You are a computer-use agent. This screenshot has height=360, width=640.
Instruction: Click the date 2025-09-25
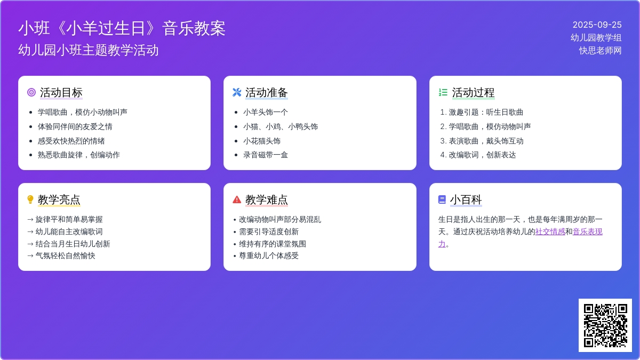pyautogui.click(x=597, y=25)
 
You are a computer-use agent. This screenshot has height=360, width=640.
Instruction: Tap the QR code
pyautogui.click(x=605, y=325)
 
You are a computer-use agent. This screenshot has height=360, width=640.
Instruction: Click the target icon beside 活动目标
pyautogui.click(x=31, y=92)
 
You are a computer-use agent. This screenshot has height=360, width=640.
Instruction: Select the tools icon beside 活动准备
pyautogui.click(x=237, y=92)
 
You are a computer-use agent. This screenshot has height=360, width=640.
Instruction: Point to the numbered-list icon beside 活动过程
pyautogui.click(x=443, y=92)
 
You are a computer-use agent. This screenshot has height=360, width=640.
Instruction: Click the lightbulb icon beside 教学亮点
pyautogui.click(x=30, y=199)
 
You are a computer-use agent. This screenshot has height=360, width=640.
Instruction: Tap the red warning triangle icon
pyautogui.click(x=237, y=199)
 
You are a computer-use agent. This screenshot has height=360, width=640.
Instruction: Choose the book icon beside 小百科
pyautogui.click(x=442, y=199)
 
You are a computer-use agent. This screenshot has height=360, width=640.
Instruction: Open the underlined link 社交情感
pyautogui.click(x=550, y=231)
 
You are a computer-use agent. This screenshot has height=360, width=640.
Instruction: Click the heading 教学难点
pyautogui.click(x=267, y=199)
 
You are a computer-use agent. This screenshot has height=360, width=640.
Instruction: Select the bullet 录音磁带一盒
pyautogui.click(x=266, y=155)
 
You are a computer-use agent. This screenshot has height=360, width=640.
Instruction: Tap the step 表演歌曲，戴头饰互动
pyautogui.click(x=486, y=141)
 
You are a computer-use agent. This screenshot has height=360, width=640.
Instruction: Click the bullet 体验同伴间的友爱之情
pyautogui.click(x=75, y=126)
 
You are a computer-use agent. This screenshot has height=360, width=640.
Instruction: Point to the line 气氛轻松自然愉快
pyautogui.click(x=65, y=255)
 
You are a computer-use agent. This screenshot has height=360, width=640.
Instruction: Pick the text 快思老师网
pyautogui.click(x=600, y=51)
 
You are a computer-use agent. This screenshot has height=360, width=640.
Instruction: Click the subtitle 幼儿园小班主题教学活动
pyautogui.click(x=89, y=50)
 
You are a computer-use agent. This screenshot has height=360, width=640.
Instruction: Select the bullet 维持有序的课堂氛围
pyautogui.click(x=273, y=244)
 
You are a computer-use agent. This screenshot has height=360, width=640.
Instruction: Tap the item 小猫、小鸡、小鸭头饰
pyautogui.click(x=281, y=126)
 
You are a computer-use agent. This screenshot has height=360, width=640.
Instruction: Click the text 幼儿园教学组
pyautogui.click(x=596, y=38)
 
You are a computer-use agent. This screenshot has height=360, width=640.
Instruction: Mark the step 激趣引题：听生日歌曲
pyautogui.click(x=486, y=113)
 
